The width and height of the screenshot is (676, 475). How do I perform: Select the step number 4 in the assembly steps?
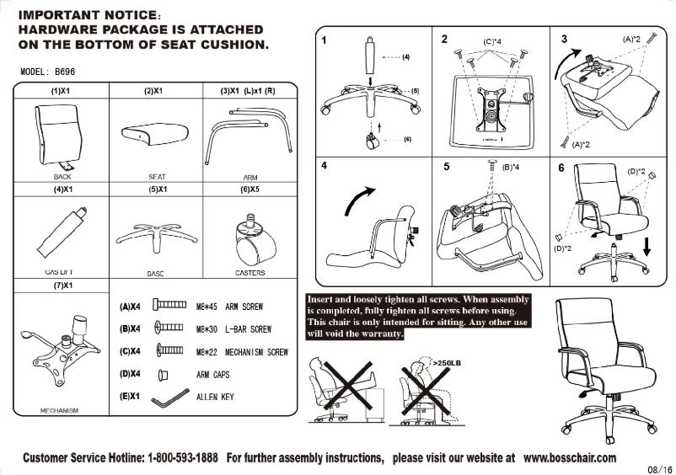(325, 165)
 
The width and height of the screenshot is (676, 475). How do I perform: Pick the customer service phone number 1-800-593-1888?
(183, 458)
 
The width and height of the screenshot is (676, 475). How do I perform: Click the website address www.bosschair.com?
(569, 458)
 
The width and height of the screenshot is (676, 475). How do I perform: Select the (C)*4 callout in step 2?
(492, 41)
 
